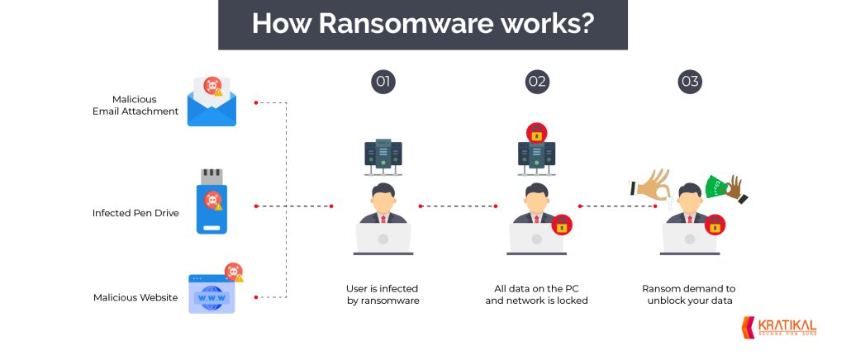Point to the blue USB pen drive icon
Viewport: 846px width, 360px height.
point(212,203)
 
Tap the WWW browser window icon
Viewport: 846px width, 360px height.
point(212,294)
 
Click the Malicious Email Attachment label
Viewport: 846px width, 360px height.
point(135,106)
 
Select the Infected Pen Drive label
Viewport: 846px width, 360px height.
point(135,213)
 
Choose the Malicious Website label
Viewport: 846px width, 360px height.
point(135,297)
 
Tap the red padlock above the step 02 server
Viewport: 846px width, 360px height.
point(536,132)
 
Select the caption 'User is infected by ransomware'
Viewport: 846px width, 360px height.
point(383,295)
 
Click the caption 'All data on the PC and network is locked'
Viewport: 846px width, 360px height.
point(536,295)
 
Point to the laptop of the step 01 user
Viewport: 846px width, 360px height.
point(383,239)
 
